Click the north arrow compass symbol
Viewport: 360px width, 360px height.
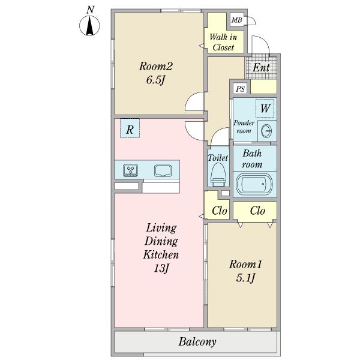89,25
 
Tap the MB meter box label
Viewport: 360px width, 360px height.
237,20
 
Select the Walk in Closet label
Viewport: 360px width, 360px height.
223,42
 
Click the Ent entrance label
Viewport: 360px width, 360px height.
261,68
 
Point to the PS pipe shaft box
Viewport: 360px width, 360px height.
241,89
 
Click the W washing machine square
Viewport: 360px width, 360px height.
265,109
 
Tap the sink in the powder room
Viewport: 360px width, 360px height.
266,131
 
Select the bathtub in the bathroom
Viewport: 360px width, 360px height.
254,184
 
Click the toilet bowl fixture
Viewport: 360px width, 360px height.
218,175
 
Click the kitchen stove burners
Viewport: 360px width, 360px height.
130,170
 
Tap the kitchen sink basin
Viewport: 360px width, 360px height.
163,171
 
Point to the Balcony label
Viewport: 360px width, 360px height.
197,341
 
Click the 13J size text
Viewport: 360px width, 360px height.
161,268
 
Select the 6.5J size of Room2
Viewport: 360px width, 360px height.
155,80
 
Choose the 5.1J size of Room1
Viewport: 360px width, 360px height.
245,278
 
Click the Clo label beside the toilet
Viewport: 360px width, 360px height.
220,211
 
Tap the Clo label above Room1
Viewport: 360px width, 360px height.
257,211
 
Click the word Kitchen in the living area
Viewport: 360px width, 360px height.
161,254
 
